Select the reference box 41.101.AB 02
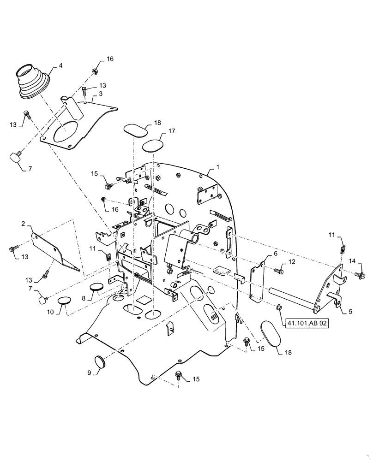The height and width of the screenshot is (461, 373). click(x=307, y=324)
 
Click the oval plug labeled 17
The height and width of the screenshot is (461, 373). click(x=152, y=147)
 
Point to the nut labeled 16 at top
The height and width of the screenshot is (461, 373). click(x=95, y=71)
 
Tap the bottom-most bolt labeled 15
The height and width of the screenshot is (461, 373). click(x=179, y=375)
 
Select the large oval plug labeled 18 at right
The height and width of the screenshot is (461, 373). click(x=269, y=331)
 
